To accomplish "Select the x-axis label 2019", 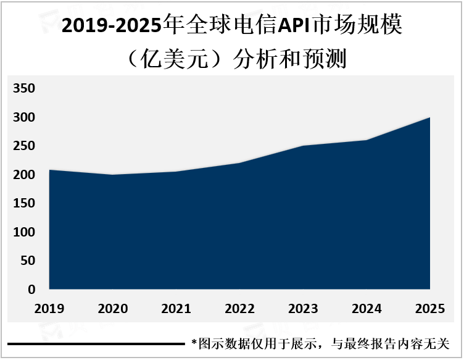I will tap(50, 308).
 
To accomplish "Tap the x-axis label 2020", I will tap(114, 308).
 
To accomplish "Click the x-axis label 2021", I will tap(177, 308).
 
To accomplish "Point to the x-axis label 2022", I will tap(241, 308).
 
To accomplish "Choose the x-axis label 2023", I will tap(304, 308).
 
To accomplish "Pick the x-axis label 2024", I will tap(367, 308).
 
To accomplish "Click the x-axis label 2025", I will tap(430, 308).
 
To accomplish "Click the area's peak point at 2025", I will tap(429, 117).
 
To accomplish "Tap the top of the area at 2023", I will tap(304, 146).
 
